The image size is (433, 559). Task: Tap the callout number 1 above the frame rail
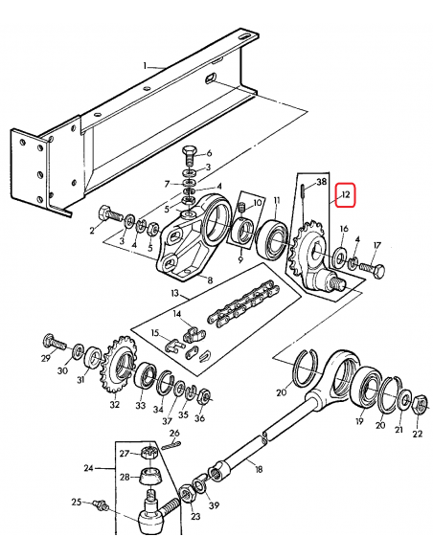point(146,66)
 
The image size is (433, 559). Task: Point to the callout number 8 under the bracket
point(210,280)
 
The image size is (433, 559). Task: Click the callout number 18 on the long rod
point(257,469)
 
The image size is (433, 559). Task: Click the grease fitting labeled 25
point(100,503)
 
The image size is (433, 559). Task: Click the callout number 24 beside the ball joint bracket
point(89,469)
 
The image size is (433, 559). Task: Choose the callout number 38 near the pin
point(321,181)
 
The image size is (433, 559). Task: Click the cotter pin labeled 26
point(173,441)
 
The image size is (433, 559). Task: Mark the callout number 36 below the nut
point(199,417)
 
